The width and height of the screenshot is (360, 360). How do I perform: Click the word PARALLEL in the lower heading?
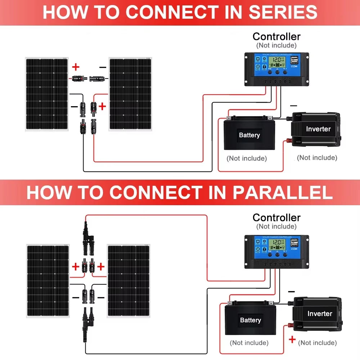click(x=283, y=193)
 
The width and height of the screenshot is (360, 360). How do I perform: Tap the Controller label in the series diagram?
click(x=276, y=36)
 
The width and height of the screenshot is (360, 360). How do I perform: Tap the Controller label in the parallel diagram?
click(x=276, y=217)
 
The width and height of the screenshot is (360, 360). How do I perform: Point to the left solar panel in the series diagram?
click(x=46, y=94)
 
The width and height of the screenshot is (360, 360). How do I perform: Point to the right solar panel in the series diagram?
click(x=130, y=94)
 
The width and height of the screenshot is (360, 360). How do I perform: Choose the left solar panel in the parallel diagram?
click(x=48, y=281)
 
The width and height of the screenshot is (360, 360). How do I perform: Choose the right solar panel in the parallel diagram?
click(x=129, y=281)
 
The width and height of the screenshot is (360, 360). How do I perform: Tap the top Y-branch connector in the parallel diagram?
click(x=86, y=238)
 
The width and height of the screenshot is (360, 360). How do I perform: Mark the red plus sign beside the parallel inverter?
click(x=292, y=339)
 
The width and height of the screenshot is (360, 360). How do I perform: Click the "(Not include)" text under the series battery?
click(x=247, y=158)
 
